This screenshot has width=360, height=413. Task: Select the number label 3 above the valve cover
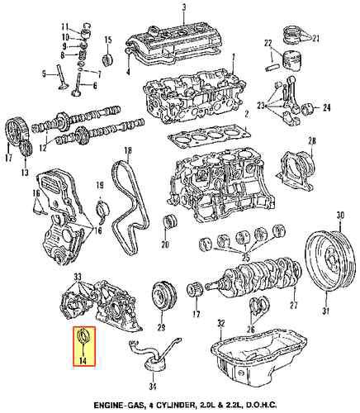pos(184,7)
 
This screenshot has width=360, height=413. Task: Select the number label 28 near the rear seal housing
pos(310,144)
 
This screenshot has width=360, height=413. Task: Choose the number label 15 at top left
pos(107,40)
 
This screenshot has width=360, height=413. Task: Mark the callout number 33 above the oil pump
pos(77,276)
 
